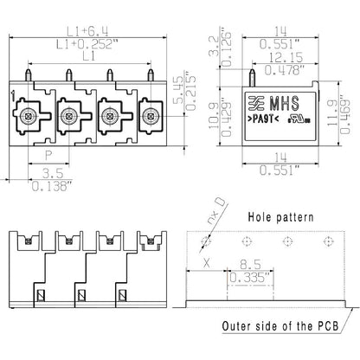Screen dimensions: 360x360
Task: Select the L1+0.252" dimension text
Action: (85, 41)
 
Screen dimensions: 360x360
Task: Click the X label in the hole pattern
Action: (205, 261)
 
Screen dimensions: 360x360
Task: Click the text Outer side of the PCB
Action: (280, 325)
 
